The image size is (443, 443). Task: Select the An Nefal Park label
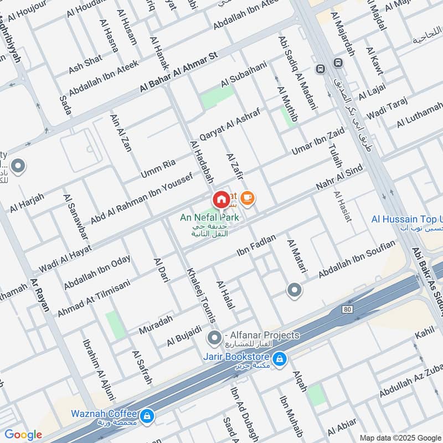click(x=209, y=218)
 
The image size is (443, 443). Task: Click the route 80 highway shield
click(x=347, y=308)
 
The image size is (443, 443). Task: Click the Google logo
click(x=23, y=435)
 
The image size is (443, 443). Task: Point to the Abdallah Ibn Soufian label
click(x=357, y=260)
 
